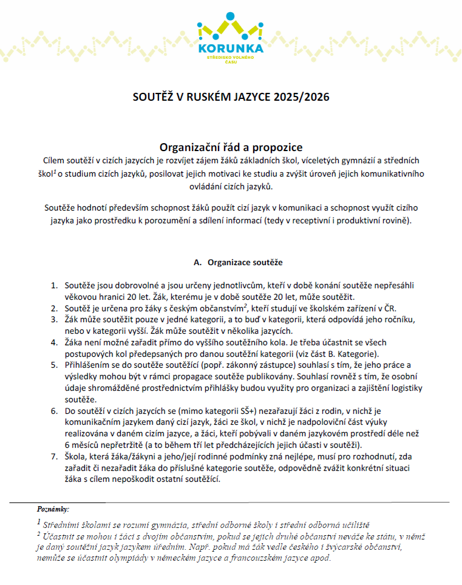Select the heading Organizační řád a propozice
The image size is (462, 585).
(231, 147)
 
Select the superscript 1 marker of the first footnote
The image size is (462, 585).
(39, 522)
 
